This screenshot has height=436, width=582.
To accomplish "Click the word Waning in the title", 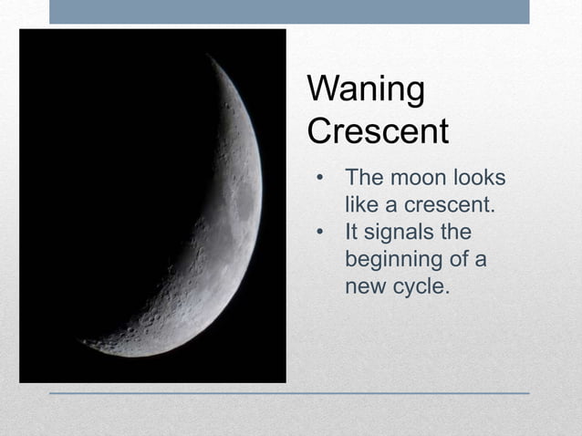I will coord(366,91).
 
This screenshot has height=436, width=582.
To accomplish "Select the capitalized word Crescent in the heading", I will coord(378,131).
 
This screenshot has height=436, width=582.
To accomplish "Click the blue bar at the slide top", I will coord(289,11).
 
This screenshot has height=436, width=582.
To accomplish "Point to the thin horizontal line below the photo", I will coord(289,393).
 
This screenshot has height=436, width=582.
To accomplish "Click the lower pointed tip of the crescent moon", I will coord(84,343).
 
